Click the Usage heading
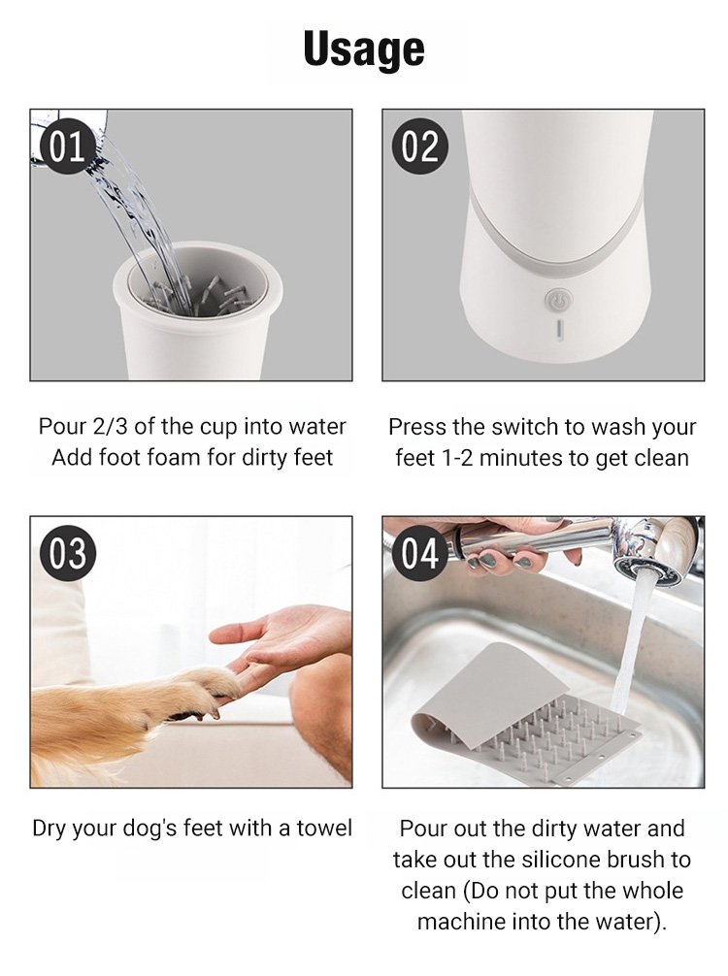364,49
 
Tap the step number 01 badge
67,146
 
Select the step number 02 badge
419,146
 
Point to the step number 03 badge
67,553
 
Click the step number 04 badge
419,553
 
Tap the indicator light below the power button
558,329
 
